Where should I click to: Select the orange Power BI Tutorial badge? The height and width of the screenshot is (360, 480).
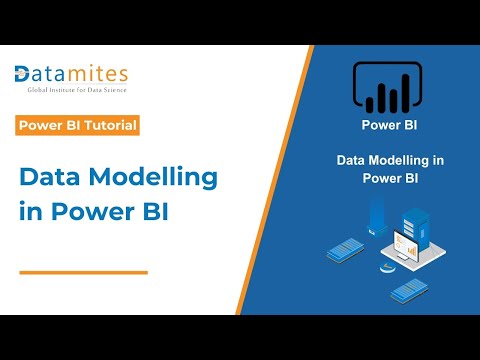(x=78, y=126)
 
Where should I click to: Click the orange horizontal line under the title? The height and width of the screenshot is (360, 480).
(x=84, y=271)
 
